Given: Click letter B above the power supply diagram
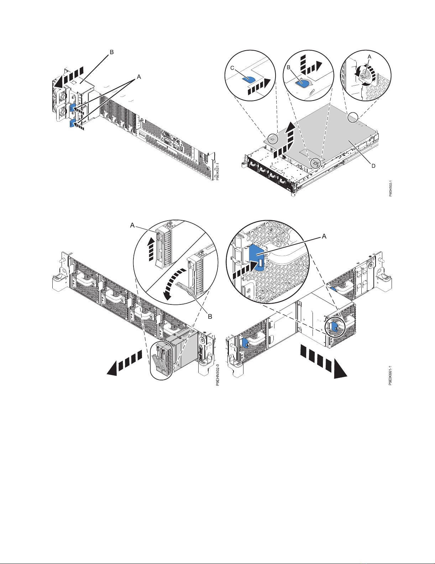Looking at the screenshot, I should coord(111,52).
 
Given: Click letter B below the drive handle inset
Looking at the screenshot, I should coord(211,316).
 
